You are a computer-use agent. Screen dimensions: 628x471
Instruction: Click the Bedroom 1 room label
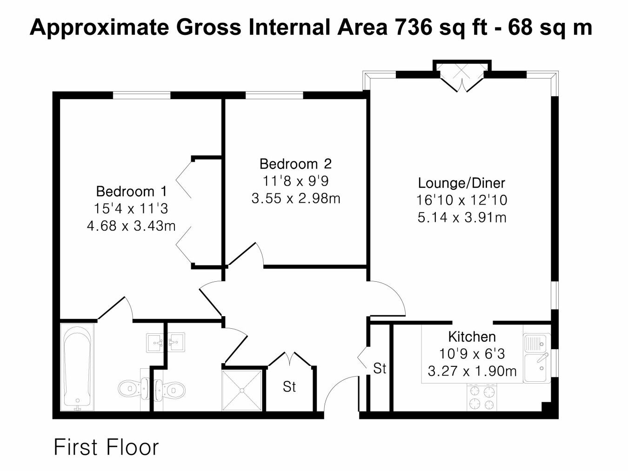[131, 191]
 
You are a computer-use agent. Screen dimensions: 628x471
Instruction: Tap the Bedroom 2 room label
[295, 164]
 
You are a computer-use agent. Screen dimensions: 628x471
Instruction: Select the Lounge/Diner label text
[461, 183]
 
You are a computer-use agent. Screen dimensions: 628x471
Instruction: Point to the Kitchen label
[472, 337]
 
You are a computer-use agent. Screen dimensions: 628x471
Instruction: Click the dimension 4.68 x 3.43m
[131, 226]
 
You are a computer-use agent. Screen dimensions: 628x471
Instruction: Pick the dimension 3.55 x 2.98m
[296, 199]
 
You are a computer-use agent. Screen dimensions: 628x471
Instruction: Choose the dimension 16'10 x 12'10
[461, 200]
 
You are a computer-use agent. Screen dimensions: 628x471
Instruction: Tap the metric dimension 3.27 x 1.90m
[472, 371]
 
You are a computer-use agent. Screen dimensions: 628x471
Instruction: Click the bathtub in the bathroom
[77, 367]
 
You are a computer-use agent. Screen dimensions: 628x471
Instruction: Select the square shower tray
[242, 390]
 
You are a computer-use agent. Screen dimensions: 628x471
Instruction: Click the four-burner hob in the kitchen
[482, 397]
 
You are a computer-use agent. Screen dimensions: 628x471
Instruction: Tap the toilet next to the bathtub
[134, 389]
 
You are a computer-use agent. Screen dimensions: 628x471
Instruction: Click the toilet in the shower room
[170, 389]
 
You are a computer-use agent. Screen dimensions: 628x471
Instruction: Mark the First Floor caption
[106, 448]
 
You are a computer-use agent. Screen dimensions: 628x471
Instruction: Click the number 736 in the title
[413, 27]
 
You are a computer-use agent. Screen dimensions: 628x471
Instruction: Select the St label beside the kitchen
[380, 368]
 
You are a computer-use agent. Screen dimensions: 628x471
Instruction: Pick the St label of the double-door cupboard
[289, 387]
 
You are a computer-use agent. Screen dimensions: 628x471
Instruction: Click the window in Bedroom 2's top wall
[274, 95]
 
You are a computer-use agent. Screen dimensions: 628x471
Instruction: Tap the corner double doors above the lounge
[461, 78]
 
